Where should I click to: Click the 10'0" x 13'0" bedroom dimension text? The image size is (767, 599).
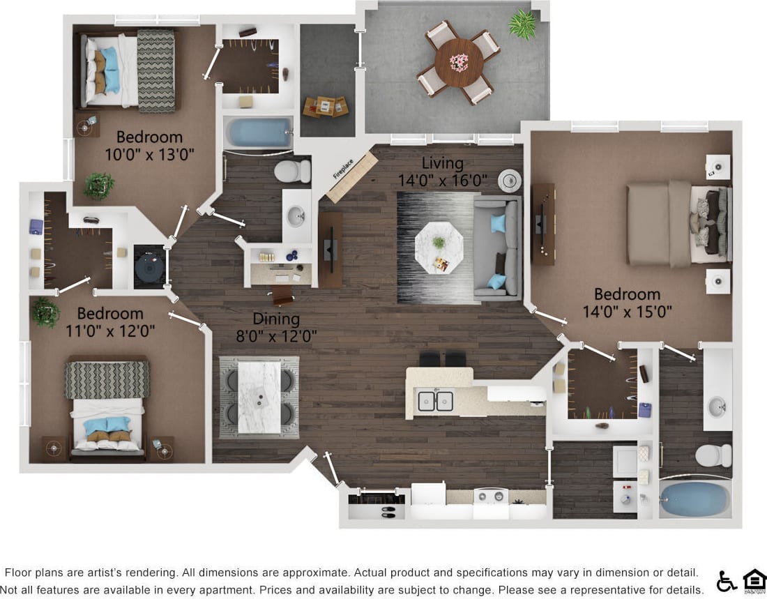pos(149,153)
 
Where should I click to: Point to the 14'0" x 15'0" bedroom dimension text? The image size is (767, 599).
pos(627,311)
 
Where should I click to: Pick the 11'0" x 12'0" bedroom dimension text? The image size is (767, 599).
pos(110,330)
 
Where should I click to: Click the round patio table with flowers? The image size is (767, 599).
pos(459,63)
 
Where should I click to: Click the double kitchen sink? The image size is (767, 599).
pos(435,401)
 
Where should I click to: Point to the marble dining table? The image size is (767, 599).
pos(259,396)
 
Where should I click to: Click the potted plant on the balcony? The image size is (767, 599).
pos(522,24)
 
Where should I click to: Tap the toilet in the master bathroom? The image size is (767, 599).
pos(713,455)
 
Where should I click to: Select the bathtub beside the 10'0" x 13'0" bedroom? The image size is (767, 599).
pos(258,133)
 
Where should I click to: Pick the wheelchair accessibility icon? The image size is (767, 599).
pos(726,581)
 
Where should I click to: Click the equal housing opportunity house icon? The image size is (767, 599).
pos(754,580)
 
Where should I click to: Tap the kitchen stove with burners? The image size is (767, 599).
pos(491,496)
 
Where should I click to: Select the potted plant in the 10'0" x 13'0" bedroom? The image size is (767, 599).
pos(99,186)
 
